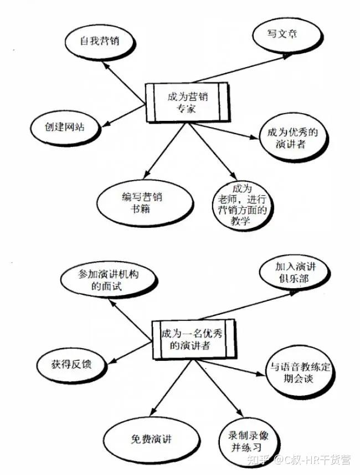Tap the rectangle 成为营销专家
pos(187,103)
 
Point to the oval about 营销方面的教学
pos(241,206)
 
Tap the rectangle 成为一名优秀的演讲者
pos(194,340)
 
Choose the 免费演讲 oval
pos(151,439)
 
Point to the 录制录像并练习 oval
pos(249,443)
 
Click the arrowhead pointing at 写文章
pos(286,57)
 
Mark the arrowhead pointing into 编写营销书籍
pos(147,174)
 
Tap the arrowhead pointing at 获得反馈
pos(111,361)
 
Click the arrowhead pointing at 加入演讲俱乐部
pos(293,293)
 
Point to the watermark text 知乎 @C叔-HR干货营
pos(299,459)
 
